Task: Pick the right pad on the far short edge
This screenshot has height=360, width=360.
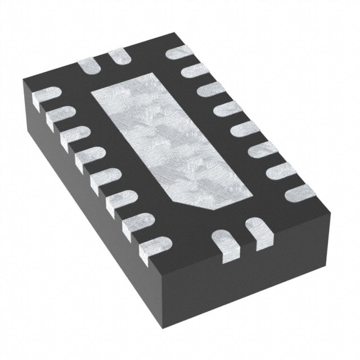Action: tap(119, 56)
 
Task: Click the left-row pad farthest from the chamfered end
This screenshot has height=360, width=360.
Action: tap(46, 97)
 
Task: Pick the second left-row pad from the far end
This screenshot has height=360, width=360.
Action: tap(60, 117)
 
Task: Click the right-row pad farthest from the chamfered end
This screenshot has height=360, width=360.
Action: tap(179, 52)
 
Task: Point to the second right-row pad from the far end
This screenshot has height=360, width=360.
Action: tap(195, 70)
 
